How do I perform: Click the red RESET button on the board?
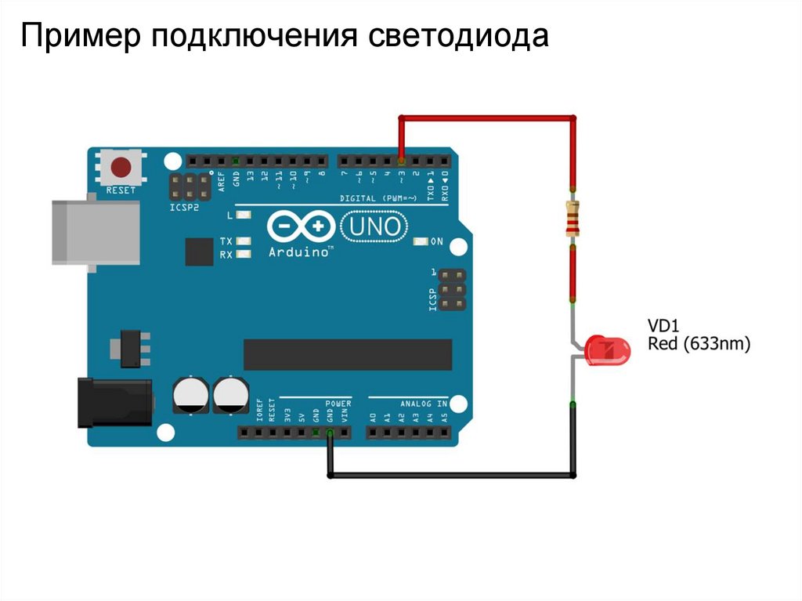click(121, 168)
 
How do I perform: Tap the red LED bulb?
click(609, 350)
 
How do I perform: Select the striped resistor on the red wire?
click(573, 219)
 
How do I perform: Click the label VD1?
click(663, 324)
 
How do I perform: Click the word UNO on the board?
click(375, 227)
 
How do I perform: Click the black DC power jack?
click(114, 403)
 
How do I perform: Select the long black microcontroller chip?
click(348, 354)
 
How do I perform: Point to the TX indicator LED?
click(244, 241)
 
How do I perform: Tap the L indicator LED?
click(244, 215)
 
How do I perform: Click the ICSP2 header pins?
click(190, 186)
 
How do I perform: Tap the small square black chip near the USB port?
click(199, 252)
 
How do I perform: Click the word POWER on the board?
click(338, 404)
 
